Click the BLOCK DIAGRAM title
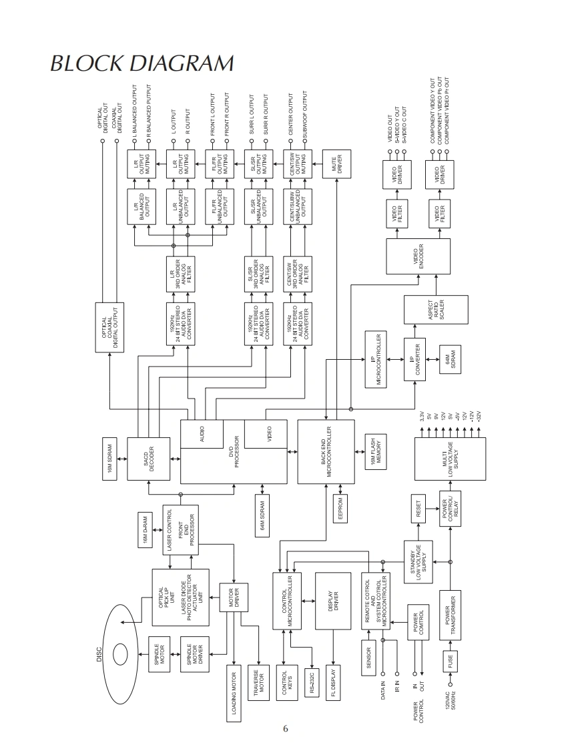[142, 63]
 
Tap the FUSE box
[452, 662]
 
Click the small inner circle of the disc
[121, 653]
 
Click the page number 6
[286, 728]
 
